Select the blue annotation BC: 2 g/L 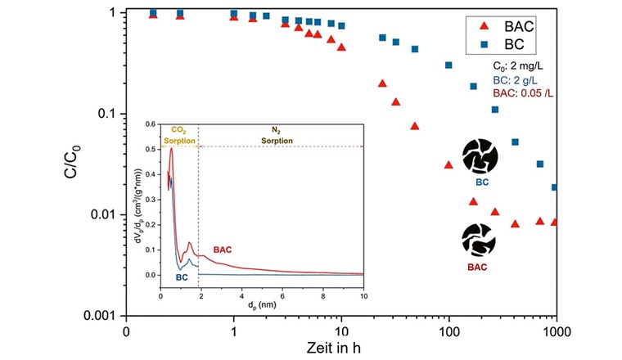pos(512,83)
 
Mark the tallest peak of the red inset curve pos(171,149)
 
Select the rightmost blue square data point pos(556,187)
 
